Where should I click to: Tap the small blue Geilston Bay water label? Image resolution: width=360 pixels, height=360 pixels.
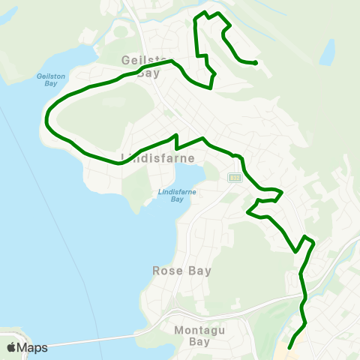point(46,80)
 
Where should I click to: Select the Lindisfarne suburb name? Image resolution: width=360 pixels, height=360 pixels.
point(157,158)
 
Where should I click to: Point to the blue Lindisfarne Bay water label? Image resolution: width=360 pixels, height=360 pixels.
point(172,195)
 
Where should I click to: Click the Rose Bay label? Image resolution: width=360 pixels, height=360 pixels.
point(181,271)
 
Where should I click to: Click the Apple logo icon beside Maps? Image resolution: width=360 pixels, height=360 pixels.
point(11,347)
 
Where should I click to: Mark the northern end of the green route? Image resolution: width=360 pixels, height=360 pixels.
point(256,63)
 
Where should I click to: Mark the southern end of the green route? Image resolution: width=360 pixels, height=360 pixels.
point(289,347)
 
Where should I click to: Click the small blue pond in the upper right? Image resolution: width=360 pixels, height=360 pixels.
point(327,52)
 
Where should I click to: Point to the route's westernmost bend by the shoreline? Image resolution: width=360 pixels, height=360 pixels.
point(46,118)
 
